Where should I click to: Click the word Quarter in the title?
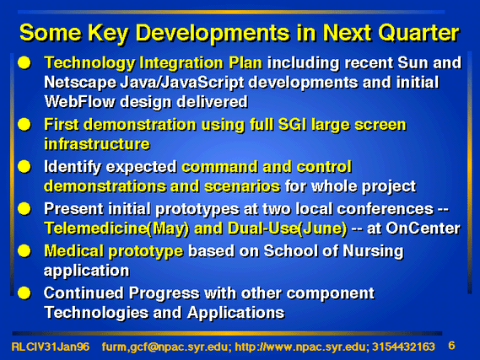click(418, 32)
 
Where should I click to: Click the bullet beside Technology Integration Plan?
click(24, 62)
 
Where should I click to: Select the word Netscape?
click(80, 83)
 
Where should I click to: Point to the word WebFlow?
click(79, 101)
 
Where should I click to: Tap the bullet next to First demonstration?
click(24, 125)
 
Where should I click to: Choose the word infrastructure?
click(97, 144)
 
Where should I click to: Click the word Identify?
click(73, 167)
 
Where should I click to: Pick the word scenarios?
click(242, 186)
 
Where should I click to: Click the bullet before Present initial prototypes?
click(24, 209)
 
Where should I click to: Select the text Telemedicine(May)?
click(117, 228)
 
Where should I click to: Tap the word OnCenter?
click(423, 228)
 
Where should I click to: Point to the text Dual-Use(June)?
click(287, 228)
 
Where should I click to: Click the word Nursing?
click(373, 251)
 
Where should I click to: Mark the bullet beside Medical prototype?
click(24, 250)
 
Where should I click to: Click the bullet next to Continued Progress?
click(24, 293)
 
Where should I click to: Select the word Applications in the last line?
click(235, 313)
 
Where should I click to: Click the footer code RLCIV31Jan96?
click(51, 347)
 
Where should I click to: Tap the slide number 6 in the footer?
click(451, 346)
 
